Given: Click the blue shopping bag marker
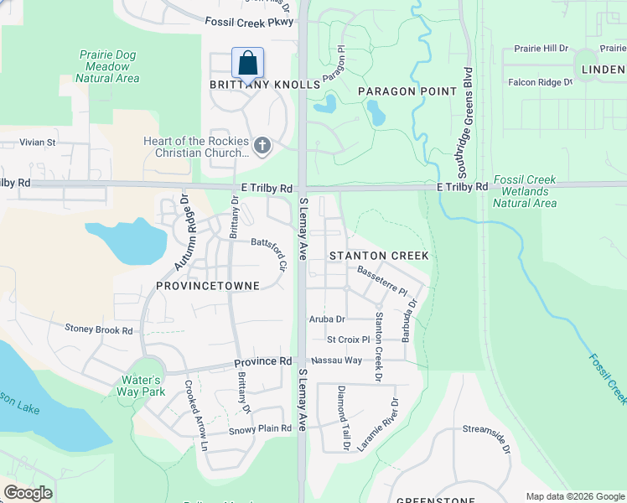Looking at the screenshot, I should coord(247,63).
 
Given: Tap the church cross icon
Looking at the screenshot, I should coord(262,147).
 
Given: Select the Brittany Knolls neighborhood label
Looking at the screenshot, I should coord(265,85).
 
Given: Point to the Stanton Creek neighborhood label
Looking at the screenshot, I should coord(379,255).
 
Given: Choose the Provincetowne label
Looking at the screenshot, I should coord(208,286).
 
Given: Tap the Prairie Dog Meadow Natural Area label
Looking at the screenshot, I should coord(107,66).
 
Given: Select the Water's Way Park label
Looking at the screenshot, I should coord(142,385).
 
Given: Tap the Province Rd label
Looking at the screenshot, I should coord(262,361).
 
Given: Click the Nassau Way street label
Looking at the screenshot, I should coord(336,360).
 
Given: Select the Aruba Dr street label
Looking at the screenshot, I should coord(327,319).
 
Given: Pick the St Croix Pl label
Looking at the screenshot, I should coord(348,340).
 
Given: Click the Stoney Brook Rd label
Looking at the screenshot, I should coord(99,329).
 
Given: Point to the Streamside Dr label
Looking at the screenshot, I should coord(487,434).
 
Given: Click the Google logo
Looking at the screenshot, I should coord(28,493).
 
